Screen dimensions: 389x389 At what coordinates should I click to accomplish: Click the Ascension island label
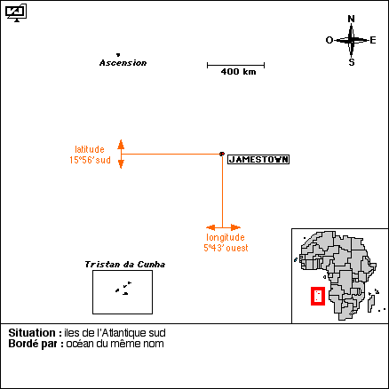click(x=123, y=63)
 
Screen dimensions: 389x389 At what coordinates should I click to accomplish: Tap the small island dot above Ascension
click(x=118, y=54)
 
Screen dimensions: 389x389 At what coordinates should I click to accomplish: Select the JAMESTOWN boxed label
click(x=258, y=160)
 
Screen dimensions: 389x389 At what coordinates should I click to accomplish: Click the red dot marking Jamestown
click(x=222, y=154)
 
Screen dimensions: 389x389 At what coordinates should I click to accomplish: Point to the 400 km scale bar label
click(x=238, y=72)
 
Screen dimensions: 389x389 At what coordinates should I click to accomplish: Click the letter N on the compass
click(x=351, y=19)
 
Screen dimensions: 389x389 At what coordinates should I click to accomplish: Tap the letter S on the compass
click(x=352, y=62)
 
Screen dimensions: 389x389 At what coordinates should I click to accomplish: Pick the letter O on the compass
click(x=329, y=40)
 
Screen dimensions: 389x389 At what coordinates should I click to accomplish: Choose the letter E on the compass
click(x=373, y=40)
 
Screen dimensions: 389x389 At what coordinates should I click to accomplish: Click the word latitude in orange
click(x=90, y=149)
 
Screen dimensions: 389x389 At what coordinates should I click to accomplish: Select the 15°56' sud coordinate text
click(x=90, y=160)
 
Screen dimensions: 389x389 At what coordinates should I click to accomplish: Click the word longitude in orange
click(x=226, y=237)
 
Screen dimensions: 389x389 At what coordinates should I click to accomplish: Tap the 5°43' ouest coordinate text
click(x=226, y=248)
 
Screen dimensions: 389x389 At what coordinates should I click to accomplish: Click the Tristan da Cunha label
click(x=125, y=265)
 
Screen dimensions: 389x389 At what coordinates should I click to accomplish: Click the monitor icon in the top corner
click(x=16, y=13)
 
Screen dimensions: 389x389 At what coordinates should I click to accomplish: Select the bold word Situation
click(x=32, y=333)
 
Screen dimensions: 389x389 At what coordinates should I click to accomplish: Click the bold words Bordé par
click(x=36, y=344)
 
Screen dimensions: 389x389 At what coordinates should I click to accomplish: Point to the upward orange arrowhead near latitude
click(x=121, y=144)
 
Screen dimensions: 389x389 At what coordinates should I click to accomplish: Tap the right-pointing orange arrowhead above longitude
click(x=236, y=227)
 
